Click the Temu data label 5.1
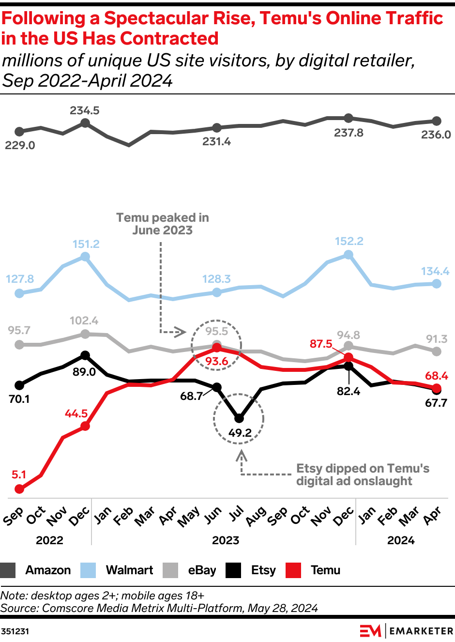[x=19, y=474]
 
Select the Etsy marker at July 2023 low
[x=239, y=418]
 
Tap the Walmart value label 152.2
[x=349, y=241]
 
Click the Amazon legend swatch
[x=8, y=570]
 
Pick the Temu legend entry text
[x=325, y=570]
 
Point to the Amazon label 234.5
[x=85, y=110]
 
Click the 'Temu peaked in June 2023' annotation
[x=163, y=224]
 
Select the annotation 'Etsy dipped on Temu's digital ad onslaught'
[x=363, y=474]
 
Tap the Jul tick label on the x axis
[x=236, y=514]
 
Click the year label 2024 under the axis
[x=401, y=540]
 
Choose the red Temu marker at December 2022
[x=85, y=426]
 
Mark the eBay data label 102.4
[x=84, y=321]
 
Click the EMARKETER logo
[x=406, y=631]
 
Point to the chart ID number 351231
[x=15, y=631]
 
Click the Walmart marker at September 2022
[x=19, y=293]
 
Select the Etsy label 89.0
[x=84, y=372]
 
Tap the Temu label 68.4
[x=436, y=376]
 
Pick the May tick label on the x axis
[x=189, y=517]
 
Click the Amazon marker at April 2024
[x=437, y=121]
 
